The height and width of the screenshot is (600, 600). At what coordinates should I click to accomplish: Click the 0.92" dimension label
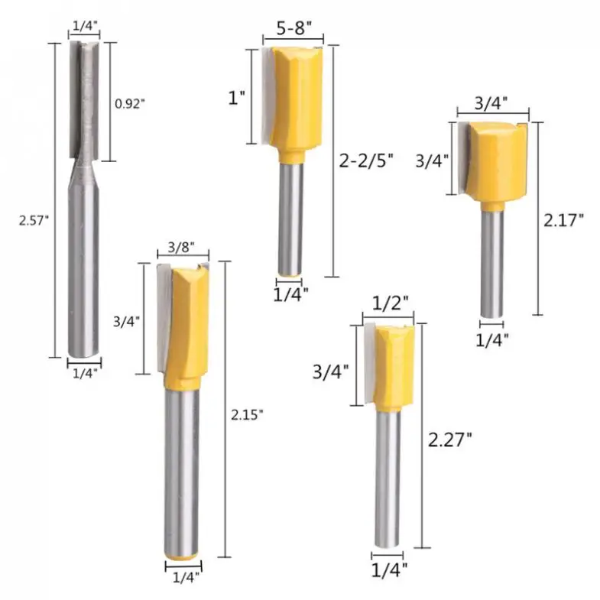tap(130, 103)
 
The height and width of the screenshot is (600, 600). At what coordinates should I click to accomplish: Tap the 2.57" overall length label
tap(34, 221)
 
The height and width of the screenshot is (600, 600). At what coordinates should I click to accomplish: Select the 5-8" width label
tap(294, 28)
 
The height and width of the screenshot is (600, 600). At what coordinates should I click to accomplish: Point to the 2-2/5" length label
tap(366, 161)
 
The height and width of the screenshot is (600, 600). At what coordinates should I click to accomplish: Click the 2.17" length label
tap(563, 220)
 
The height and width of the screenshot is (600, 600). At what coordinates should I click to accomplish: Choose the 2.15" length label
tap(247, 415)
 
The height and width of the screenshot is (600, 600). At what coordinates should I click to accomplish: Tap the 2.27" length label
tap(449, 439)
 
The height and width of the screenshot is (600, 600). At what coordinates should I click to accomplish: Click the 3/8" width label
tap(181, 248)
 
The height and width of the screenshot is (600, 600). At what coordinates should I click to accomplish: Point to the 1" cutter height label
tap(236, 98)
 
